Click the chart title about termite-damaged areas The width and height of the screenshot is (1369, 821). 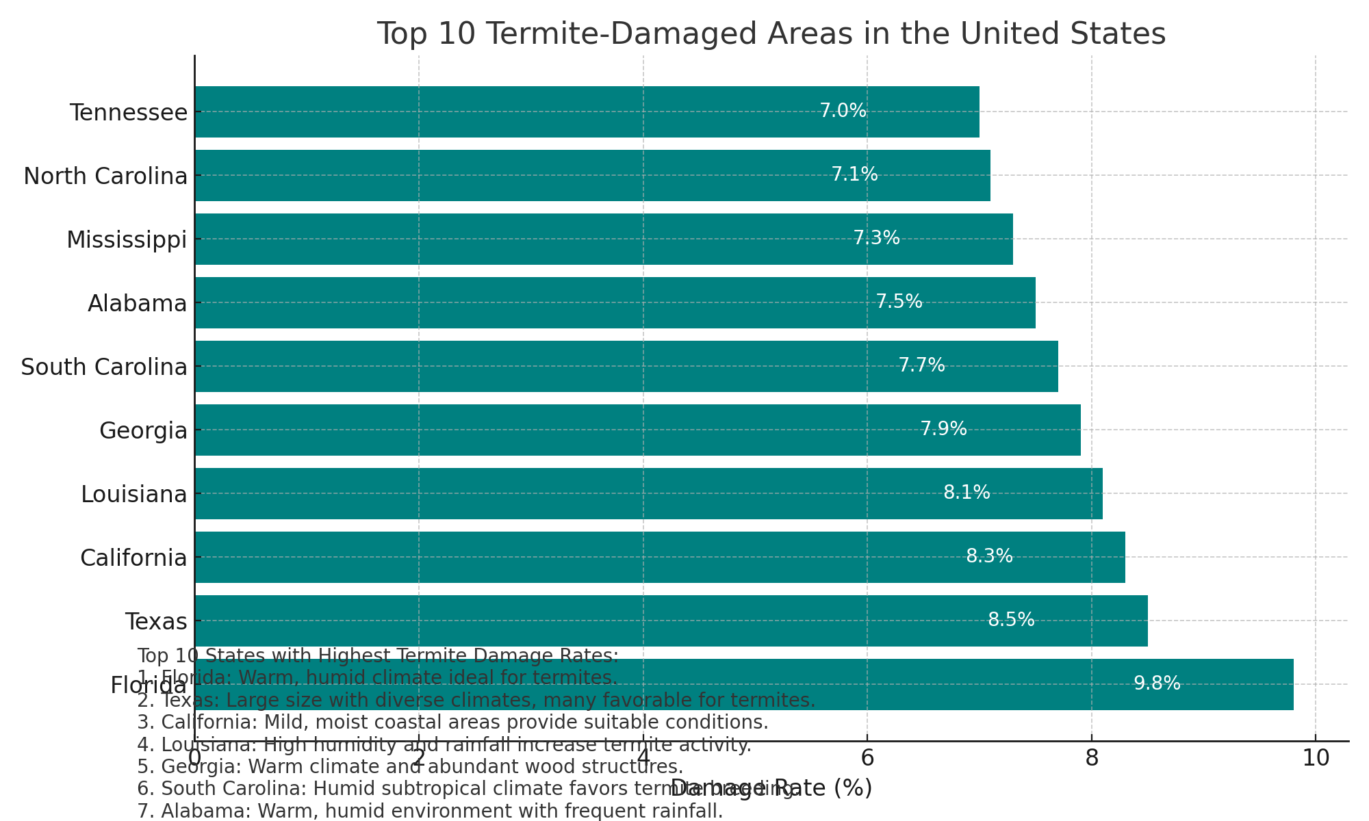click(x=771, y=34)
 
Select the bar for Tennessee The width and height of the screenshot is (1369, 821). click(x=587, y=112)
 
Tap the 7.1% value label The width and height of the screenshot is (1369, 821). click(x=854, y=174)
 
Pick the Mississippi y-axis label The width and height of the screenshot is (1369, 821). click(x=127, y=239)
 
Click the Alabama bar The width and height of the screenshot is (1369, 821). click(x=615, y=302)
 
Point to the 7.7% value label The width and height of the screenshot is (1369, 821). click(x=921, y=365)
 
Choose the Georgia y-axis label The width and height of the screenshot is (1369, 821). click(x=143, y=430)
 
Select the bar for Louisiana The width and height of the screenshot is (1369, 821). click(x=648, y=493)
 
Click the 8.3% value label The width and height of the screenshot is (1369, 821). click(x=989, y=556)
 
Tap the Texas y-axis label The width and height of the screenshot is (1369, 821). click(x=156, y=621)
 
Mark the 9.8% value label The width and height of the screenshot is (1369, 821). click(x=1157, y=683)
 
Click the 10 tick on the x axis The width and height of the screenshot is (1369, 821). click(x=1315, y=758)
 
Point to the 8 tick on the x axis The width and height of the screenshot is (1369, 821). click(x=1091, y=758)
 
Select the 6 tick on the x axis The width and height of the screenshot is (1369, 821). click(x=867, y=758)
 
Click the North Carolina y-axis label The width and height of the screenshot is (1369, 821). click(x=105, y=176)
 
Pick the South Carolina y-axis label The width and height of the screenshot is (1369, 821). click(x=104, y=367)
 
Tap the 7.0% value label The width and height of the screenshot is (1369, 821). click(x=843, y=111)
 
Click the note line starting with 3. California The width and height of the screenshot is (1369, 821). click(x=452, y=722)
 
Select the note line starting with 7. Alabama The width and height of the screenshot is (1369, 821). click(x=430, y=811)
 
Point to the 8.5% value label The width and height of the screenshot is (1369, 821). click(x=1011, y=620)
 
